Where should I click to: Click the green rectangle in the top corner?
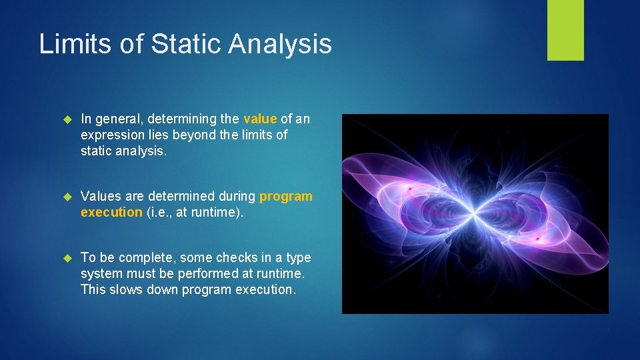[565, 30]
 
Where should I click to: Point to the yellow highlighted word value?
[260, 119]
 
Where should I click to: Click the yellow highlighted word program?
[285, 197]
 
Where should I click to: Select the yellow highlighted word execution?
[111, 212]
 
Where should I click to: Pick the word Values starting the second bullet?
[99, 197]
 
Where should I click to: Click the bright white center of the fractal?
[474, 214]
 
